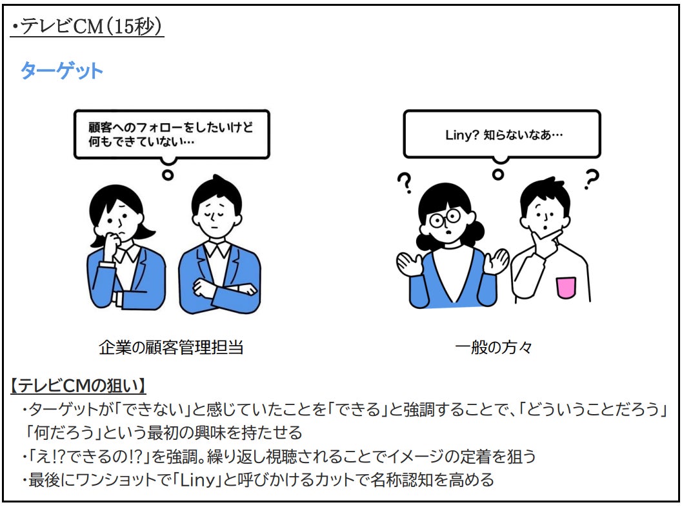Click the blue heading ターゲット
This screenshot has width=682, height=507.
61,70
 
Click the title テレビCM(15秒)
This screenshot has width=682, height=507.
87,27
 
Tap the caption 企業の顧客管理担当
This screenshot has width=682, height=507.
170,347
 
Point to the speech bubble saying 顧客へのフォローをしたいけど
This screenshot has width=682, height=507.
171,127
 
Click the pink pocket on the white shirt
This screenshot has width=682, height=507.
566,287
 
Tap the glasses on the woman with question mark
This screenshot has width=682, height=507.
446,218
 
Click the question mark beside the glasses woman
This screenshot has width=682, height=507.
405,183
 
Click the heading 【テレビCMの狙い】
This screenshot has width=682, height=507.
78,386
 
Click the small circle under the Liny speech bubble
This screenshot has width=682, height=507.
497,174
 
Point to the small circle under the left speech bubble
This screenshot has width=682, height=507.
168,174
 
